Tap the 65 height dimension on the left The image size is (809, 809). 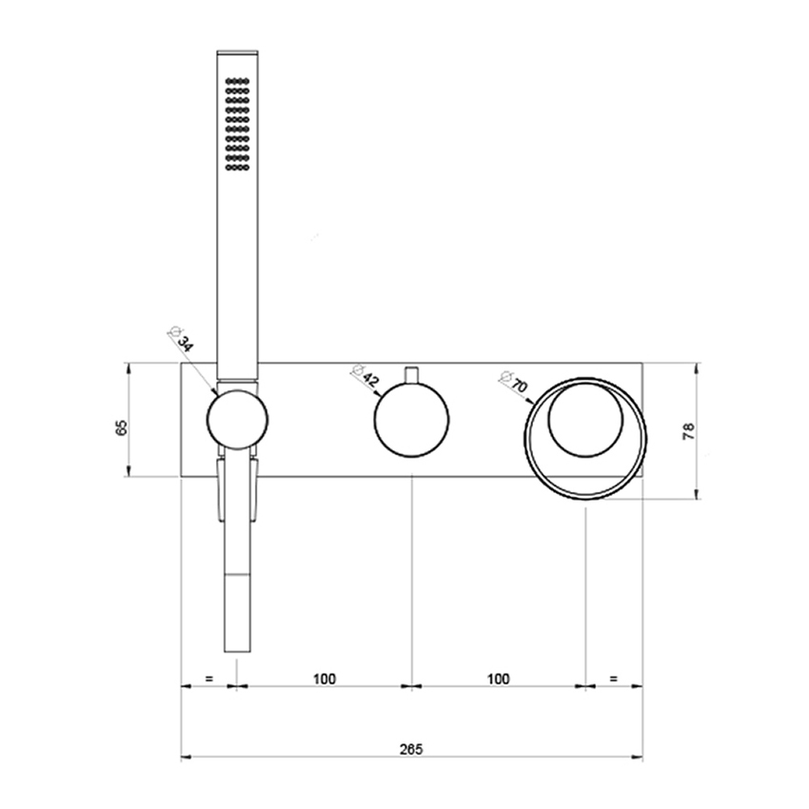(x=121, y=427)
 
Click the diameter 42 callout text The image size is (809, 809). (x=366, y=376)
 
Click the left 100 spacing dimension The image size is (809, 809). (x=324, y=679)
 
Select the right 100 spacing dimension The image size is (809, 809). (x=497, y=679)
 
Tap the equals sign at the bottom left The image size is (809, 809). (x=208, y=679)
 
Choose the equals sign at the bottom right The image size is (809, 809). (x=614, y=679)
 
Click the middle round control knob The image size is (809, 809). (x=411, y=422)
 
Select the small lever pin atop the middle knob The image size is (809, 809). (x=411, y=375)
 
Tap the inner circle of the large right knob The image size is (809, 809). (x=584, y=423)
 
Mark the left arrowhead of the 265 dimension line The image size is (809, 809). (x=186, y=758)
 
